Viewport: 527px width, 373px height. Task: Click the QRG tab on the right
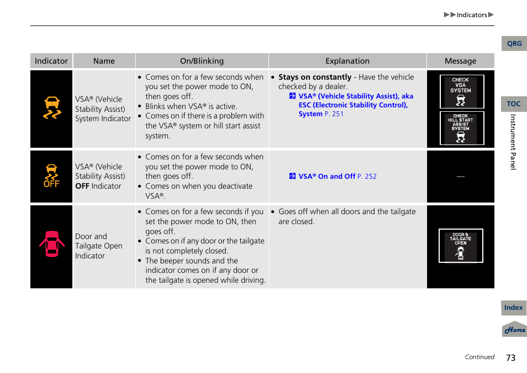pos(514,44)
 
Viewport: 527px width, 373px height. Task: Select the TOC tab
pos(514,104)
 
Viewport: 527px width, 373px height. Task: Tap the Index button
pos(513,308)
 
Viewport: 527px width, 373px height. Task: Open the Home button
pos(514,329)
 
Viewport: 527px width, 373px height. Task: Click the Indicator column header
pos(51,61)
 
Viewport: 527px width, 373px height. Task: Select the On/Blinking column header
pos(202,61)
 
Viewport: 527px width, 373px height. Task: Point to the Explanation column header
pos(347,61)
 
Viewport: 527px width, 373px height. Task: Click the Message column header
pos(460,61)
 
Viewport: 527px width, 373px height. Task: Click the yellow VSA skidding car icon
pos(52,108)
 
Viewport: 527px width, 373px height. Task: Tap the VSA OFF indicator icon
pos(51,176)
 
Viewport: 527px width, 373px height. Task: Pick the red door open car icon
pos(52,244)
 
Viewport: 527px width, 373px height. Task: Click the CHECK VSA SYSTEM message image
pos(461,92)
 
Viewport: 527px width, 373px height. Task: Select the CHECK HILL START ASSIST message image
pos(461,128)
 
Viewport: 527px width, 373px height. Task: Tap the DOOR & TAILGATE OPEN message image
pos(461,246)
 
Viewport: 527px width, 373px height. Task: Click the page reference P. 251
pos(334,114)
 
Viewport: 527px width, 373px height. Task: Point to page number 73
pos(510,358)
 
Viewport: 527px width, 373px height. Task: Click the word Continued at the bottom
pos(479,357)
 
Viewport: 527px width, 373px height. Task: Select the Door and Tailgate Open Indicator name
pos(99,246)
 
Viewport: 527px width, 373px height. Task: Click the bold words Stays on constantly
pos(315,77)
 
